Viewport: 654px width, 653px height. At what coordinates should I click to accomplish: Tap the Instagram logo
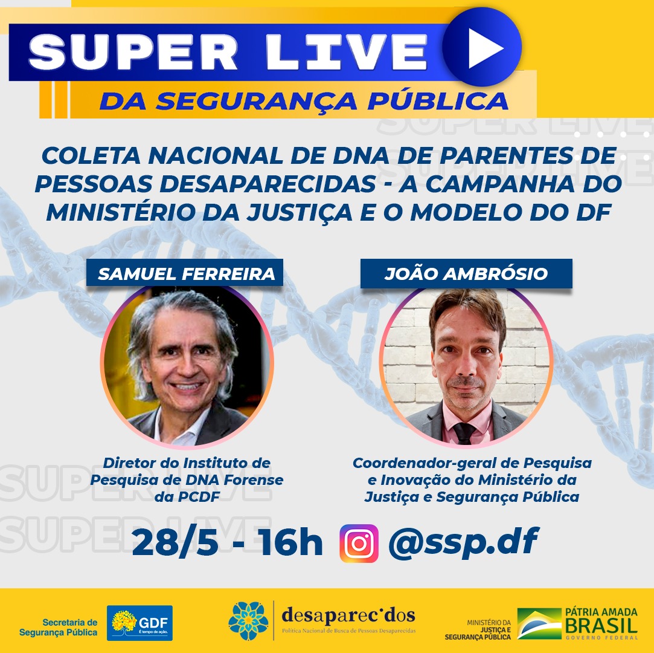coord(359,543)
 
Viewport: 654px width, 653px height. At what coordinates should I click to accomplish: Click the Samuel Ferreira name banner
coord(185,273)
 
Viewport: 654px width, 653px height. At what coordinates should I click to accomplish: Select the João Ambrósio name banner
coord(466,273)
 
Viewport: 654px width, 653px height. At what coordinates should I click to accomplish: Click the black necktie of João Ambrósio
coord(464,432)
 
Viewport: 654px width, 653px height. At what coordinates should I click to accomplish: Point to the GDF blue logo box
coord(139,623)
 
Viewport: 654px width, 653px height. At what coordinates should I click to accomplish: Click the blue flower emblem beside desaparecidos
coord(248,621)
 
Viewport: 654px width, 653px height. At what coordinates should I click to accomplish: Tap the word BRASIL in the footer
coord(601,625)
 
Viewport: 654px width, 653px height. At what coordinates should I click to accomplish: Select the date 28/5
coord(175,542)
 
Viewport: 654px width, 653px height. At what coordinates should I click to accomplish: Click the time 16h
coord(290,542)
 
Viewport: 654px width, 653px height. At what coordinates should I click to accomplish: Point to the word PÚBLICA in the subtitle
coord(438,100)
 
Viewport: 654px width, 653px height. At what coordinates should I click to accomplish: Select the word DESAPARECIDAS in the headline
coord(268,184)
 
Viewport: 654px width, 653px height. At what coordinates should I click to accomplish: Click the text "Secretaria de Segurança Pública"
coord(59,627)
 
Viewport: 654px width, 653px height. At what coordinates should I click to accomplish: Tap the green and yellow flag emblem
coord(539,623)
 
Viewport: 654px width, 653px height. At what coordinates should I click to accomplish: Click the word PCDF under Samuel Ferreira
coord(199,497)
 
